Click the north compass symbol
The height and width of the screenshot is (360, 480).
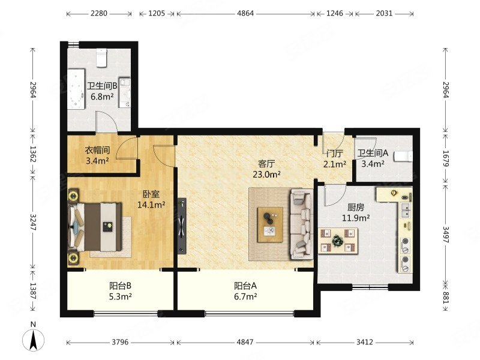(34, 340)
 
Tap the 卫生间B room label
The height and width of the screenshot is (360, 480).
(102, 86)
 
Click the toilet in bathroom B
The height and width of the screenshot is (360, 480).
(101, 57)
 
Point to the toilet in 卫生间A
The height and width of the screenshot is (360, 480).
(404, 156)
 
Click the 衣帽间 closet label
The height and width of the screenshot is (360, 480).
(97, 151)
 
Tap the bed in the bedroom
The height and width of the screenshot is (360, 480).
(95, 227)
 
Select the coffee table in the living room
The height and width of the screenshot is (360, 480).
(271, 224)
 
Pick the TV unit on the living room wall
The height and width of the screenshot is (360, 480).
(182, 226)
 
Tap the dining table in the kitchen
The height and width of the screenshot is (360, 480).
(338, 241)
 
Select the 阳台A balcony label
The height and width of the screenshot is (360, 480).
(245, 286)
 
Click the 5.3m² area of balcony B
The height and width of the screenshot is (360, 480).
(121, 296)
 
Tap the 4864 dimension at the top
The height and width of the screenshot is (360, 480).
(245, 13)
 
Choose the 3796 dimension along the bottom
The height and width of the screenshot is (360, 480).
(120, 342)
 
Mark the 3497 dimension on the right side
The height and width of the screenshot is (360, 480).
(446, 235)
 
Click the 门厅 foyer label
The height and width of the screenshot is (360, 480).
(335, 153)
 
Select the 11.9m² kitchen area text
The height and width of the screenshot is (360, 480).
(356, 218)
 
